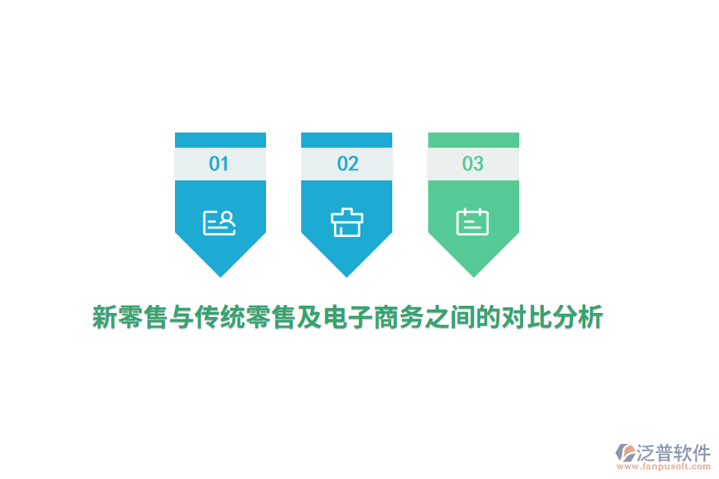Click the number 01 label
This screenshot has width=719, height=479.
[219, 164]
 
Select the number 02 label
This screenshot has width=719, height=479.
[348, 164]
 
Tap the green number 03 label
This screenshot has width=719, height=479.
[473, 164]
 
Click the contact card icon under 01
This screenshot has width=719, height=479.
[220, 222]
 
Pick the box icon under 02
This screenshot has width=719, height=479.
[347, 222]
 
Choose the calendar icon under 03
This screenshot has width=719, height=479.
[472, 222]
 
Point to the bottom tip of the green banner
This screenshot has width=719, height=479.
[474, 275]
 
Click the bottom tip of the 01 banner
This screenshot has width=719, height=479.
[220, 275]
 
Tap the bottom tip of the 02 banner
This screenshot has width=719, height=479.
[347, 275]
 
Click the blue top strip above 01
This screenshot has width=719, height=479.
[220, 140]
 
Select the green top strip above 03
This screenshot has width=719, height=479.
[474, 140]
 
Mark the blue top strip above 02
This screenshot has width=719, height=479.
[347, 140]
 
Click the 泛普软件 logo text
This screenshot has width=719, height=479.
[673, 453]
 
